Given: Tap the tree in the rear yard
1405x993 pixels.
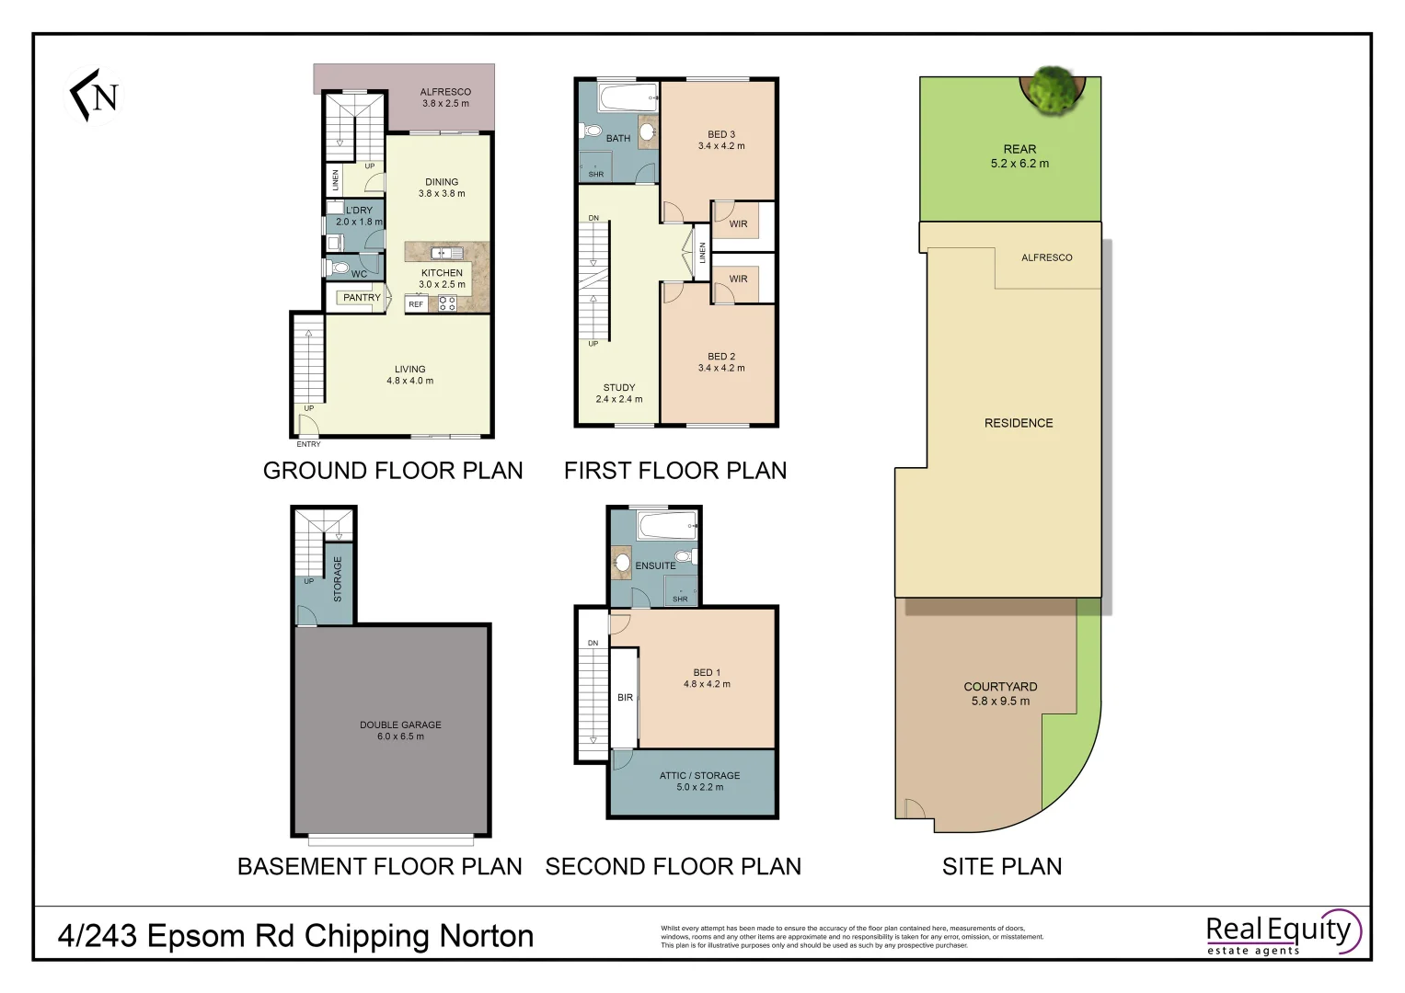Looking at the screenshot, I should (1053, 90).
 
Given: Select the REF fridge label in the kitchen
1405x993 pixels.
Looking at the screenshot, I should (416, 304).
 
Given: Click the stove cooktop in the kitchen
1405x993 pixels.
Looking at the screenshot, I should (447, 303).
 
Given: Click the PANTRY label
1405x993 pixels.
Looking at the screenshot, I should (362, 298).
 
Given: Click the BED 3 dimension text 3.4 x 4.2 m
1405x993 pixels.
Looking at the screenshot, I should (721, 146).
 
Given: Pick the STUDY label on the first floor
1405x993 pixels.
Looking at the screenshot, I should (619, 388).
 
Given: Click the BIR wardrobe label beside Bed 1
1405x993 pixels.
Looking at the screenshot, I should (625, 698).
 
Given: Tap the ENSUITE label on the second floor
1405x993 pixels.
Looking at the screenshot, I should (655, 566).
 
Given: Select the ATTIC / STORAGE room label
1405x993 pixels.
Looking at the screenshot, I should (699, 776).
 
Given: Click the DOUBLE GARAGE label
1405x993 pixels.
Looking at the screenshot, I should (400, 725).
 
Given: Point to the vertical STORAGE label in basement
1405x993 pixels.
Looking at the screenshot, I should (338, 579).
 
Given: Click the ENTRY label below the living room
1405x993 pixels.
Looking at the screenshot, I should (308, 444).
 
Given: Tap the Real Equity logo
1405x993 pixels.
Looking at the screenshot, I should (1281, 934).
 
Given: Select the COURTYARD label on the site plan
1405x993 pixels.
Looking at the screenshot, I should (1000, 687).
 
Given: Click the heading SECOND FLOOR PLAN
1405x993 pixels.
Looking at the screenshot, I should (673, 867).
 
